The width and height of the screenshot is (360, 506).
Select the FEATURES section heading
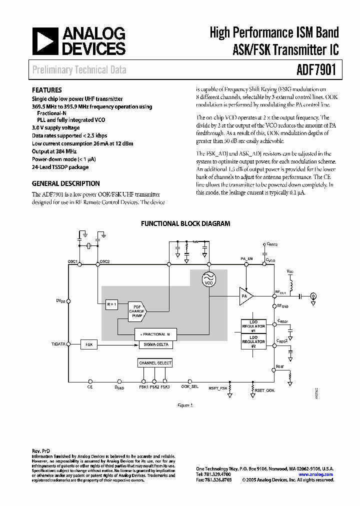(47, 90)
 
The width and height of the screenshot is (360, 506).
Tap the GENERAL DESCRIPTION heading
(65, 183)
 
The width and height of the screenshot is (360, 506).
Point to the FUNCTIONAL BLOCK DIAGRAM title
(185, 223)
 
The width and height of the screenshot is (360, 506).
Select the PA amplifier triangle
(245, 296)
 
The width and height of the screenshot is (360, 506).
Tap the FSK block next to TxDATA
(89, 344)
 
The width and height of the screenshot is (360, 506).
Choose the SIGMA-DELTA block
(155, 344)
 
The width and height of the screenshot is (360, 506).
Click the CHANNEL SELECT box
(155, 363)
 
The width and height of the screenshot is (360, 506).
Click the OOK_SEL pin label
(189, 387)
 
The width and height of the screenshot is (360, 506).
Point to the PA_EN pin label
(246, 258)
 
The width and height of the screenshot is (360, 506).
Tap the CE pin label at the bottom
(90, 387)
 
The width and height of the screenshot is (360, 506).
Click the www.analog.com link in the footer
(316, 474)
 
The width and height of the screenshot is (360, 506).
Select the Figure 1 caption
(185, 405)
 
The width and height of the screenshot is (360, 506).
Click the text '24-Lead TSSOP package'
(60, 167)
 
